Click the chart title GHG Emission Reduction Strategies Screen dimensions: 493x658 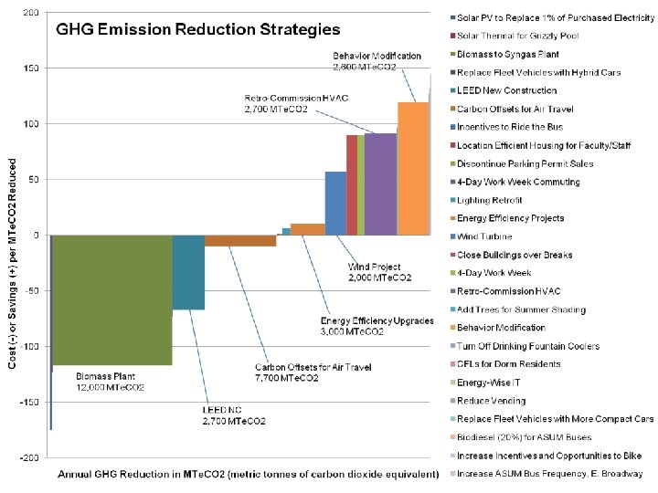tap(198, 29)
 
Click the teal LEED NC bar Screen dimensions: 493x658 tap(188, 272)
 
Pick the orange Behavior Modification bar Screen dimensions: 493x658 tap(413, 168)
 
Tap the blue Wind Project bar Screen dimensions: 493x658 tap(335, 203)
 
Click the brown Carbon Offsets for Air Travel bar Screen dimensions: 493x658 tap(240, 241)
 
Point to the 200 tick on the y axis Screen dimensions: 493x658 tap(31, 13)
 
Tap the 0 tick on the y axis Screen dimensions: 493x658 tap(36, 236)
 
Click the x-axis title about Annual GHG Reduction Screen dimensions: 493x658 tap(249, 475)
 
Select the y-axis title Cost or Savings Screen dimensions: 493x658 tap(12, 236)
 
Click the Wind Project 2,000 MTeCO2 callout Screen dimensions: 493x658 tap(379, 272)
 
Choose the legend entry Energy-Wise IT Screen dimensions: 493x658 tap(489, 383)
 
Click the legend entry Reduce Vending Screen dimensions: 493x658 tap(491, 401)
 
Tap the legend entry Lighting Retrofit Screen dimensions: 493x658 tap(490, 200)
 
